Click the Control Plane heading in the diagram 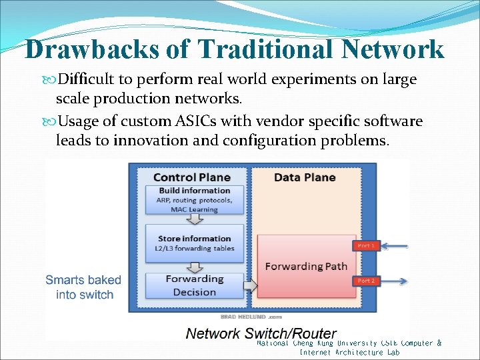(x=191, y=177)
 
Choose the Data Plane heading (x=305, y=177)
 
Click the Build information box (x=194, y=199)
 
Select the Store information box (x=194, y=243)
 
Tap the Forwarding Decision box (x=194, y=285)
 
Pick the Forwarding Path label (x=306, y=267)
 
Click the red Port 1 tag (x=365, y=246)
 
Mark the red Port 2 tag (x=365, y=281)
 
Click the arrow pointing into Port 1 (x=393, y=247)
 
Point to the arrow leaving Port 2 (x=393, y=281)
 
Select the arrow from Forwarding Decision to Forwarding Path (x=249, y=286)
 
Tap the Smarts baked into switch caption (x=83, y=287)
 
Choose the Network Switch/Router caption (x=261, y=333)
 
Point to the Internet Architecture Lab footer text (x=349, y=352)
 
